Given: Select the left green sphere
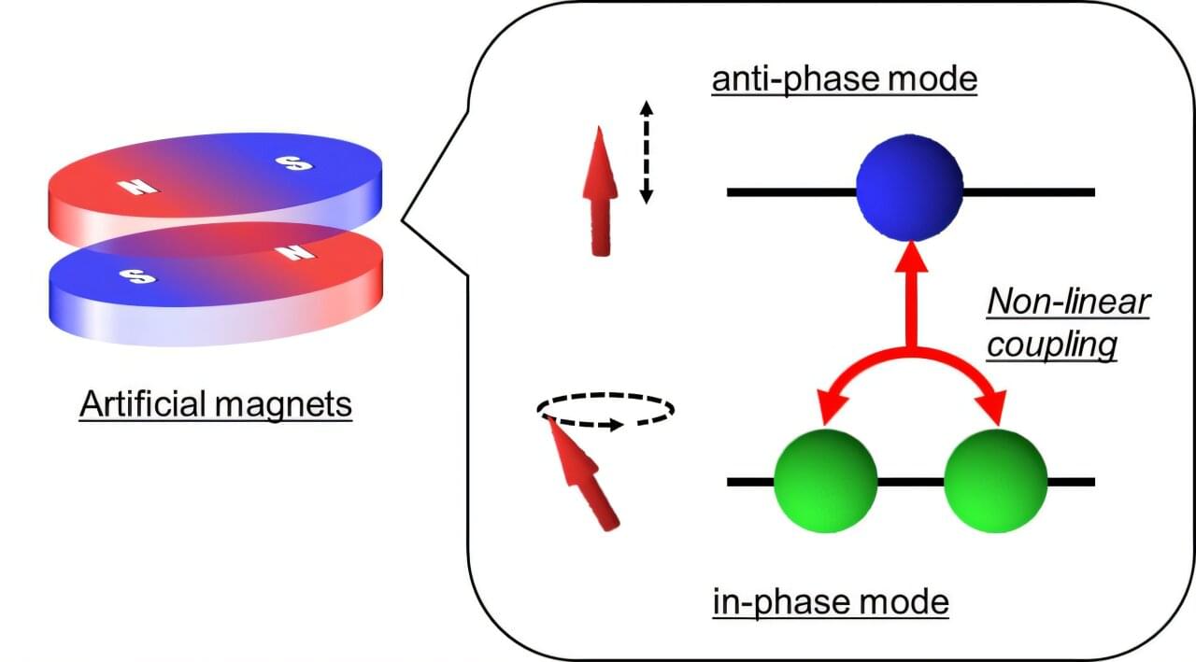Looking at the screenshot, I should coord(826,481).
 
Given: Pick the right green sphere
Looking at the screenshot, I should coord(995,481).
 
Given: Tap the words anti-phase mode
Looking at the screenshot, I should coord(844,79).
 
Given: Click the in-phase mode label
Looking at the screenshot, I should coord(831,601).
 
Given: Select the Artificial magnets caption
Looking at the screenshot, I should coord(216,404).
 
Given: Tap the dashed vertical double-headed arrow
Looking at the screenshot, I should coord(646,153).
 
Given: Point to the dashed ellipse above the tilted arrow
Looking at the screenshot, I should coord(605,409).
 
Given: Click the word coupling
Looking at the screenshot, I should coord(1052,345).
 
